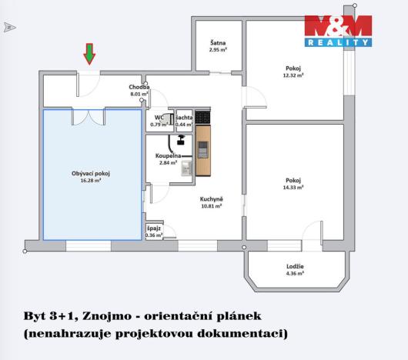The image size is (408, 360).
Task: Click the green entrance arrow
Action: pos(90,54)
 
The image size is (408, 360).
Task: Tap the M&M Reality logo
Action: pos(337,32)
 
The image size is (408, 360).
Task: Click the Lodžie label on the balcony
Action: pos(295,266)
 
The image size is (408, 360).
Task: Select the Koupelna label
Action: pos(157,155)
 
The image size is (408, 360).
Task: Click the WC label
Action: pos(159,117)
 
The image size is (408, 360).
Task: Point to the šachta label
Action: pos(183,117)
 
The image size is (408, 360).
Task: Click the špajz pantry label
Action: pos(154,228)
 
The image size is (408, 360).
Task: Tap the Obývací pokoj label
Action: pos(91,174)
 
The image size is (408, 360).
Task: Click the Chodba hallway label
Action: pos(139,88)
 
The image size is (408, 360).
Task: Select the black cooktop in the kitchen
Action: pos(202,117)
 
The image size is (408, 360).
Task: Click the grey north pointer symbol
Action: pos(9,28)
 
